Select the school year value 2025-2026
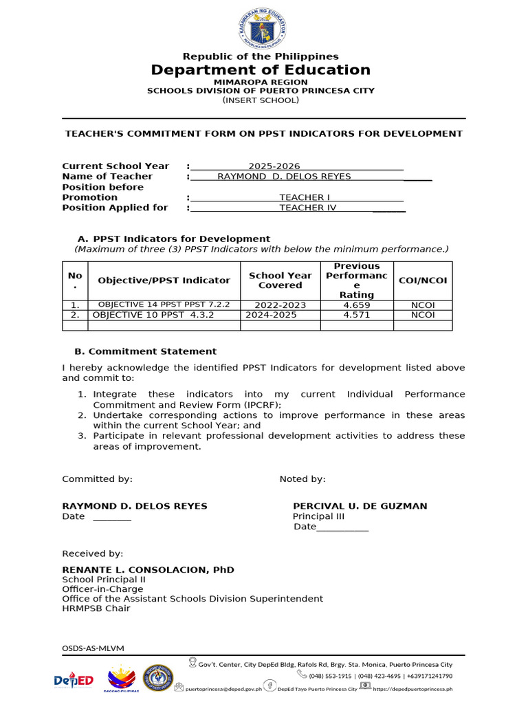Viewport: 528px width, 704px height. [274, 166]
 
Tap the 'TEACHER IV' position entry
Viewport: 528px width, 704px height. [308, 208]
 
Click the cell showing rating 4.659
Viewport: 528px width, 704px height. [357, 305]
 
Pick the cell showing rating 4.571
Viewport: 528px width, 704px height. [357, 315]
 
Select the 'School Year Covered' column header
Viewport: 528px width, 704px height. [280, 280]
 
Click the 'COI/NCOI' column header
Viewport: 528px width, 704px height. [423, 280]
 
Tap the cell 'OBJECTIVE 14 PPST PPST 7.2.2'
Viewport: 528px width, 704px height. [164, 305]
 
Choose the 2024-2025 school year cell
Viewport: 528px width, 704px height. [272, 315]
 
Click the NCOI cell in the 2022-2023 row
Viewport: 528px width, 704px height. [423, 305]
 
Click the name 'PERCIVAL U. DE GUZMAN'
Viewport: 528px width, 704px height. [360, 506]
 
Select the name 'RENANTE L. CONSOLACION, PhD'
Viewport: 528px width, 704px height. [148, 570]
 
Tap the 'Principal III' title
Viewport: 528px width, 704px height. [318, 516]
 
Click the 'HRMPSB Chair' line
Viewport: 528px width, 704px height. [96, 608]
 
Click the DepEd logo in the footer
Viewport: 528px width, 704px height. [74, 680]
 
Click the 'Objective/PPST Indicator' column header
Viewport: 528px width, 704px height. [164, 280]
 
